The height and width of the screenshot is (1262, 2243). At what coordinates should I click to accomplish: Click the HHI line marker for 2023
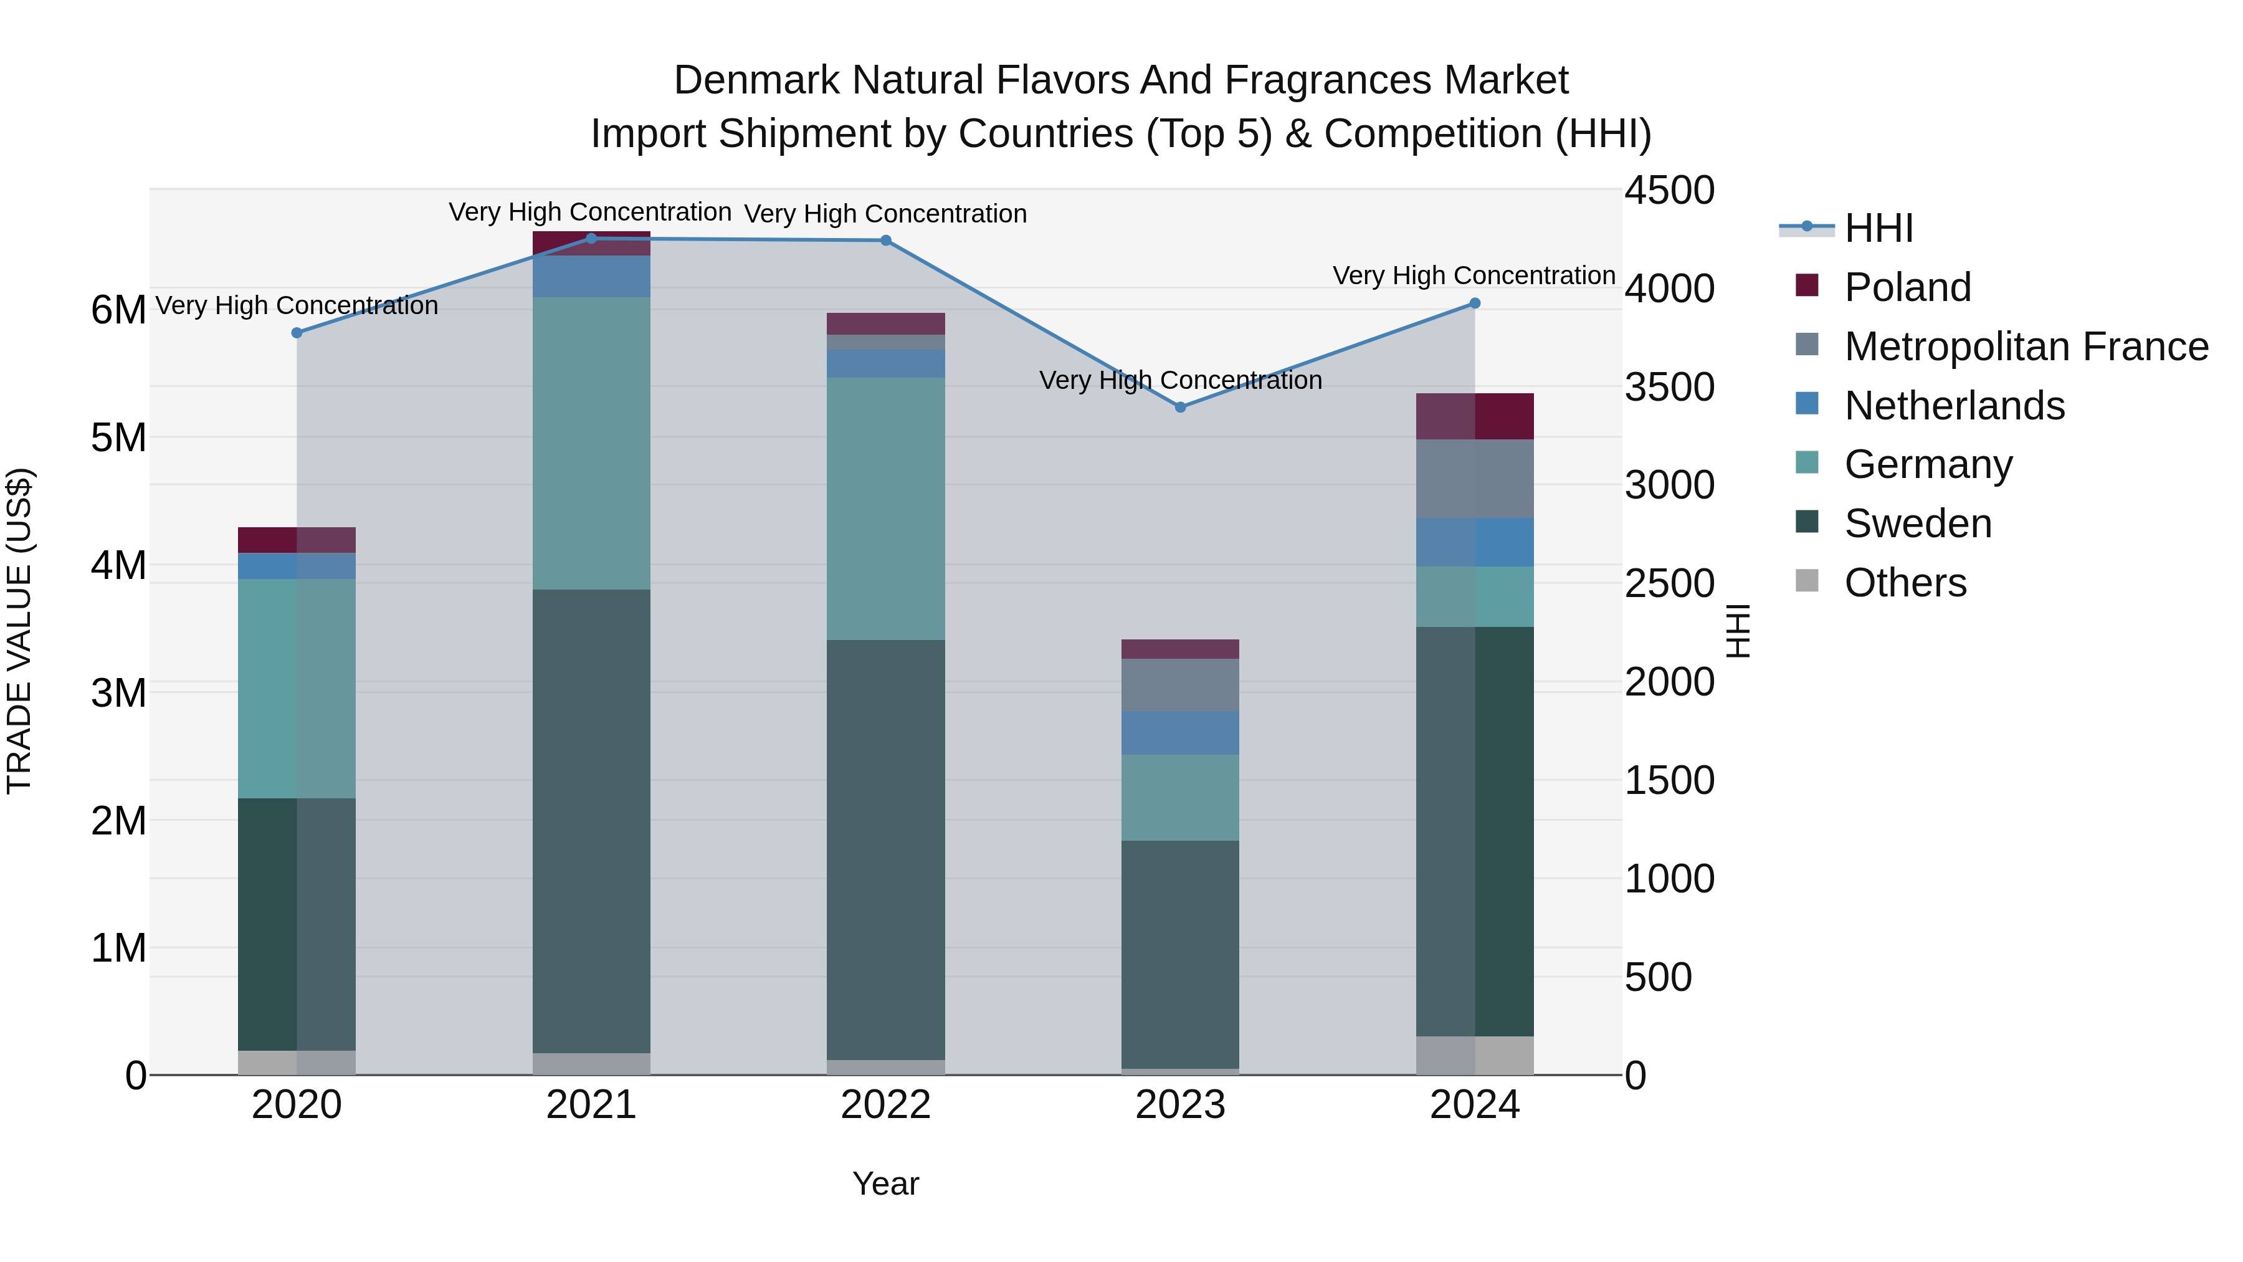(x=1180, y=407)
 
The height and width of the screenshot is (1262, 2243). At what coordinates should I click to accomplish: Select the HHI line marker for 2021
(x=591, y=239)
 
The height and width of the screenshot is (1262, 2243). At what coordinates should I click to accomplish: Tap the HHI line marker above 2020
(x=297, y=333)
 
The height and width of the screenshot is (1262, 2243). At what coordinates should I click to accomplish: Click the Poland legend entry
(x=1907, y=287)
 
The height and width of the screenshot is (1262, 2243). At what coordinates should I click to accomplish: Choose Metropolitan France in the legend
(x=2026, y=347)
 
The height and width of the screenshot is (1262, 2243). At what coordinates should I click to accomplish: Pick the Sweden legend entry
(x=1917, y=523)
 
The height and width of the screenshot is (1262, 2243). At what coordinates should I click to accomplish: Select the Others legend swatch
(x=1807, y=581)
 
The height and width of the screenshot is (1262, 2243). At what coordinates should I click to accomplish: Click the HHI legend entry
(x=1878, y=228)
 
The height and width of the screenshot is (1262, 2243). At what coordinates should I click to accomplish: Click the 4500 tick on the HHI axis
(x=1669, y=191)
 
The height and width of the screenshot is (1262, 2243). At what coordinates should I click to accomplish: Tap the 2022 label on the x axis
(x=885, y=1105)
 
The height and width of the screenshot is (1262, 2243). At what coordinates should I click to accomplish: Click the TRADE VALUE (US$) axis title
(x=19, y=631)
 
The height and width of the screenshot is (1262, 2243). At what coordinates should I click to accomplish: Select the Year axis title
(x=885, y=1183)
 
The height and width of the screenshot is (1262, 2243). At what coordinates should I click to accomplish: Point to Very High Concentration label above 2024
(x=1474, y=275)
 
